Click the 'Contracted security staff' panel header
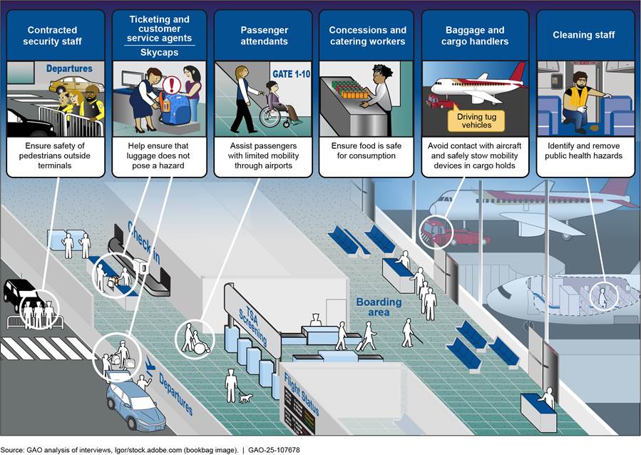54,36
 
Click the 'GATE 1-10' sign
291,73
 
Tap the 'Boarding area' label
379,307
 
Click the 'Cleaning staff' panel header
585,36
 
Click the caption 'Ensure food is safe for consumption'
366,151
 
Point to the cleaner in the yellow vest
578,100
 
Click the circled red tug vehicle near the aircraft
434,231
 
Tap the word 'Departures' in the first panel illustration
69,69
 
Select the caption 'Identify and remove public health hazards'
585,151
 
